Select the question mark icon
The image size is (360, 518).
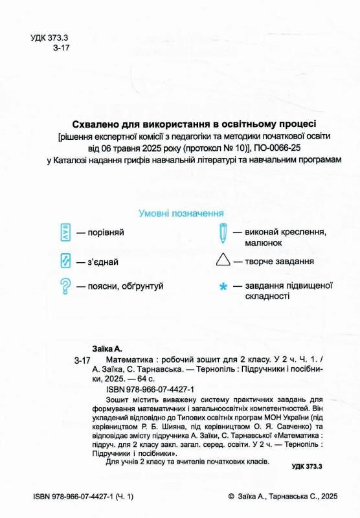(65, 285)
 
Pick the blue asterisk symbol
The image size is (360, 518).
(223, 286)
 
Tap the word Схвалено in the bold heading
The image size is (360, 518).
(97, 123)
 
